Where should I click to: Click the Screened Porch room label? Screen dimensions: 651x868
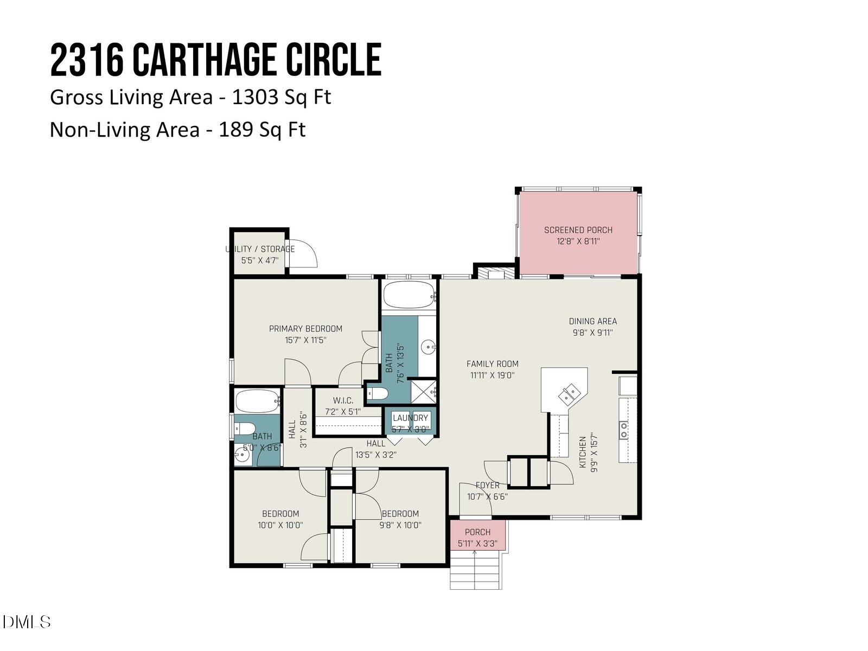[x=578, y=230]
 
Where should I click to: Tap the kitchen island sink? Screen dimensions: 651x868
[x=570, y=393]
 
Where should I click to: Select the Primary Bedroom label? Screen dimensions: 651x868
[x=305, y=329]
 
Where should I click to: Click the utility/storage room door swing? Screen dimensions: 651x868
[x=302, y=253]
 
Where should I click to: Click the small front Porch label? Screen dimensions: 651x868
[x=477, y=532]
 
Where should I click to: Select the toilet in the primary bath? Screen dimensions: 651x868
[x=376, y=394]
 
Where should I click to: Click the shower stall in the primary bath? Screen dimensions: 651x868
[x=423, y=391]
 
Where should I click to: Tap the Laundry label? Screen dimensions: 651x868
[x=411, y=418]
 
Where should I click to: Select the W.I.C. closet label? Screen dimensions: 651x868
[x=343, y=400]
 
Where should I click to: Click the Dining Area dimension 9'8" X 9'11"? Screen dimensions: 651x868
[x=592, y=333]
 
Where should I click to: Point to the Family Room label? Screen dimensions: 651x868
[x=492, y=364]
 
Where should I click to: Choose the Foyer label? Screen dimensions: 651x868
[x=487, y=486]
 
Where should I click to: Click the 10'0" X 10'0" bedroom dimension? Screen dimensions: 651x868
[x=280, y=525]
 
